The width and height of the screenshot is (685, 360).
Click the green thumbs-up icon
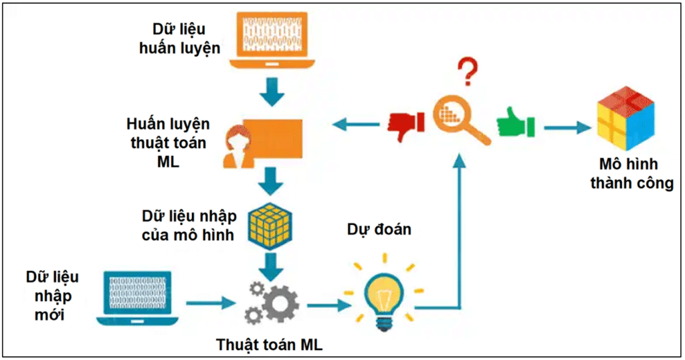[516, 124]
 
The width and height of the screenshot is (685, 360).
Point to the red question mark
[469, 72]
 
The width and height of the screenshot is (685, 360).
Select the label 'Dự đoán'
[379, 230]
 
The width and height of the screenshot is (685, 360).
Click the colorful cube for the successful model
[625, 116]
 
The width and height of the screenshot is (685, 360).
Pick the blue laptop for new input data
[136, 296]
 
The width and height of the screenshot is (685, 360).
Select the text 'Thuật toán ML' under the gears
[269, 345]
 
